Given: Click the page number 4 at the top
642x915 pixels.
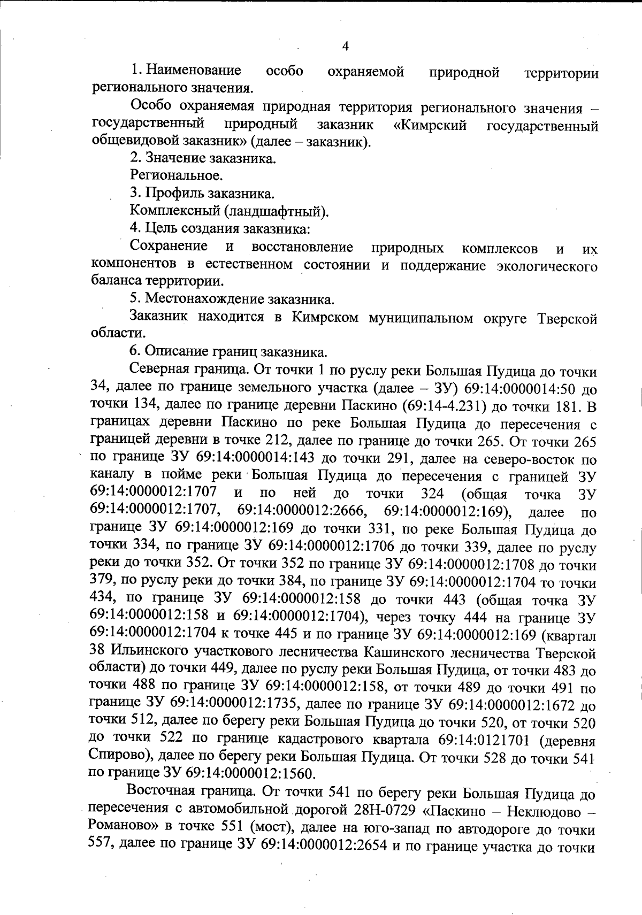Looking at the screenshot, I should tap(345, 47).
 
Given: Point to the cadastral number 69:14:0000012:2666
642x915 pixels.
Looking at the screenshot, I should tap(302, 511).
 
